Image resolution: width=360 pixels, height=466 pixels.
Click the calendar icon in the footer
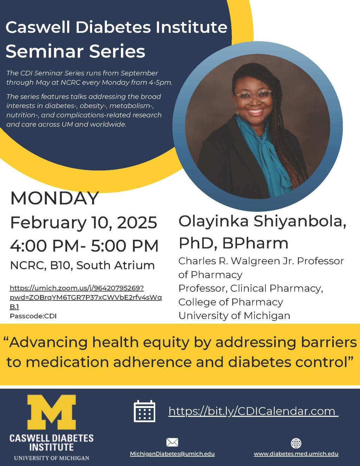[x=144, y=411]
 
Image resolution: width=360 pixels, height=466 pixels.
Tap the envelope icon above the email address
[x=172, y=442]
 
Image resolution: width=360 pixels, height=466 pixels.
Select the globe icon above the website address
[x=296, y=443]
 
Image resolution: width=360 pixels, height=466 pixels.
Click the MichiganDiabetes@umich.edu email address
[x=172, y=454]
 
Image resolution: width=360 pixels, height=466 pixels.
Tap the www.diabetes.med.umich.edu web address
[x=296, y=454]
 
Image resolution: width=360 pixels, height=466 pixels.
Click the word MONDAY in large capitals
[x=54, y=198]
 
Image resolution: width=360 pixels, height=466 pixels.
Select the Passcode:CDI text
[x=33, y=316]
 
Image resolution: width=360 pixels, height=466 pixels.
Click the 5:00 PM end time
[x=124, y=245]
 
